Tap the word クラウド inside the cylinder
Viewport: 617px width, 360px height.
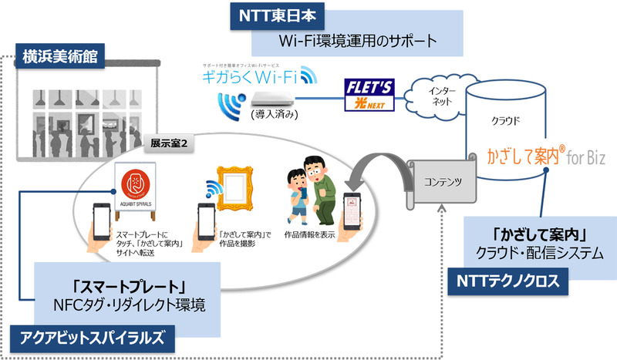tap(508, 121)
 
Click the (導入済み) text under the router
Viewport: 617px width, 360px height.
tap(273, 115)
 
